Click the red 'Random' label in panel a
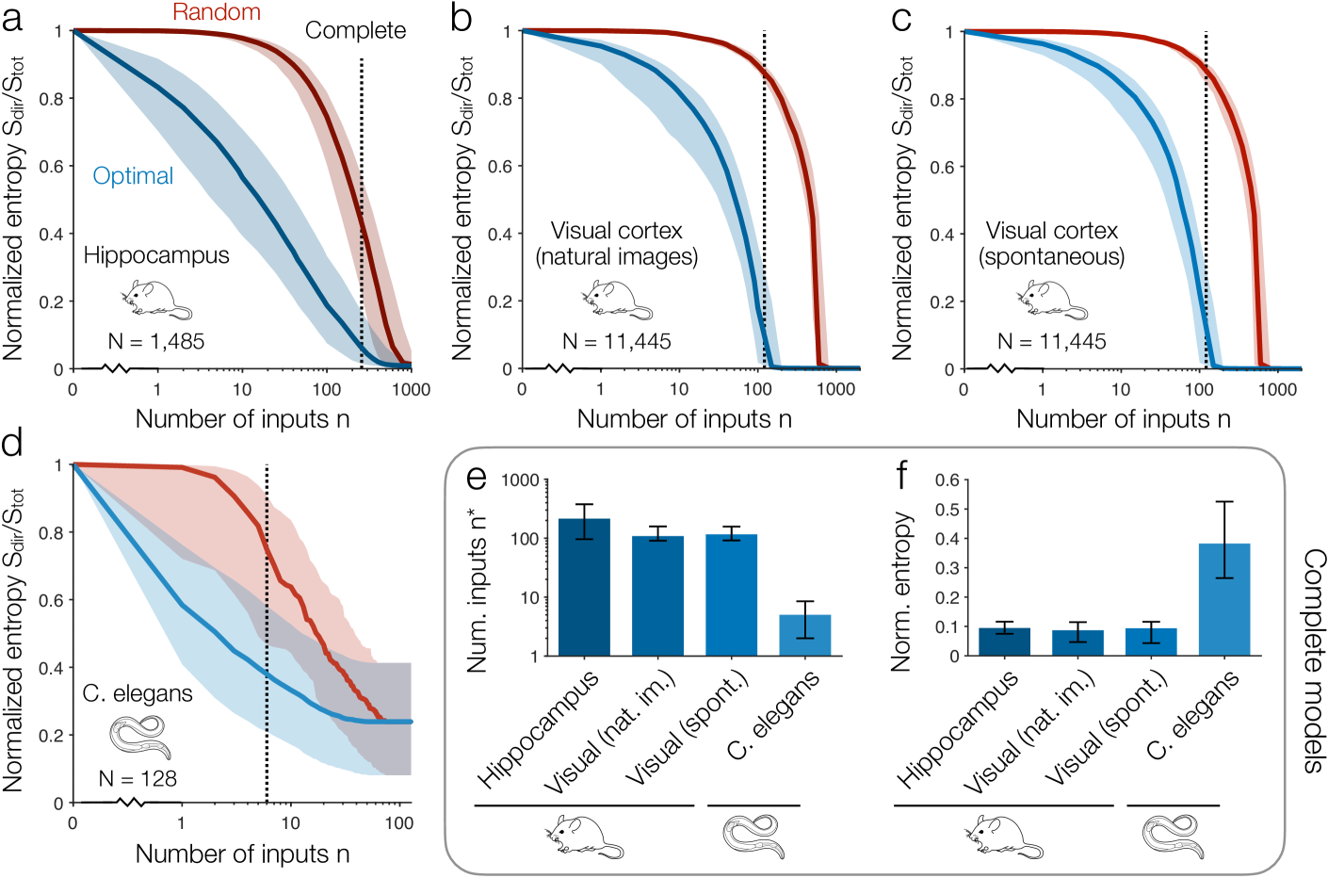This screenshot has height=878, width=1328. tap(216, 12)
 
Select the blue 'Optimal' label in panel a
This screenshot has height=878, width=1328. tap(133, 176)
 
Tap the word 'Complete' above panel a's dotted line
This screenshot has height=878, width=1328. tap(355, 30)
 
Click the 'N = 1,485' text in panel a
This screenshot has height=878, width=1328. tap(156, 341)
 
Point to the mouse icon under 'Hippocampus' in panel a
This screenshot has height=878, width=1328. tap(155, 300)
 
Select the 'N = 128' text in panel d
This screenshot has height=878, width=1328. tap(138, 779)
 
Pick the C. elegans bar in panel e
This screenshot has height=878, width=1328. tap(805, 635)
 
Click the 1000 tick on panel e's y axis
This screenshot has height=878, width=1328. tap(521, 480)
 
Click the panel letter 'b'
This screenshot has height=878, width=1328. tap(462, 17)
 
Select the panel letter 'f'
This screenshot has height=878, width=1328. tap(901, 475)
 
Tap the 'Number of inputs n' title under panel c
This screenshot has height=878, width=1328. tap(1124, 419)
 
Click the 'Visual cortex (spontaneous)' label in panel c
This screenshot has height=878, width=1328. tap(1051, 244)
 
